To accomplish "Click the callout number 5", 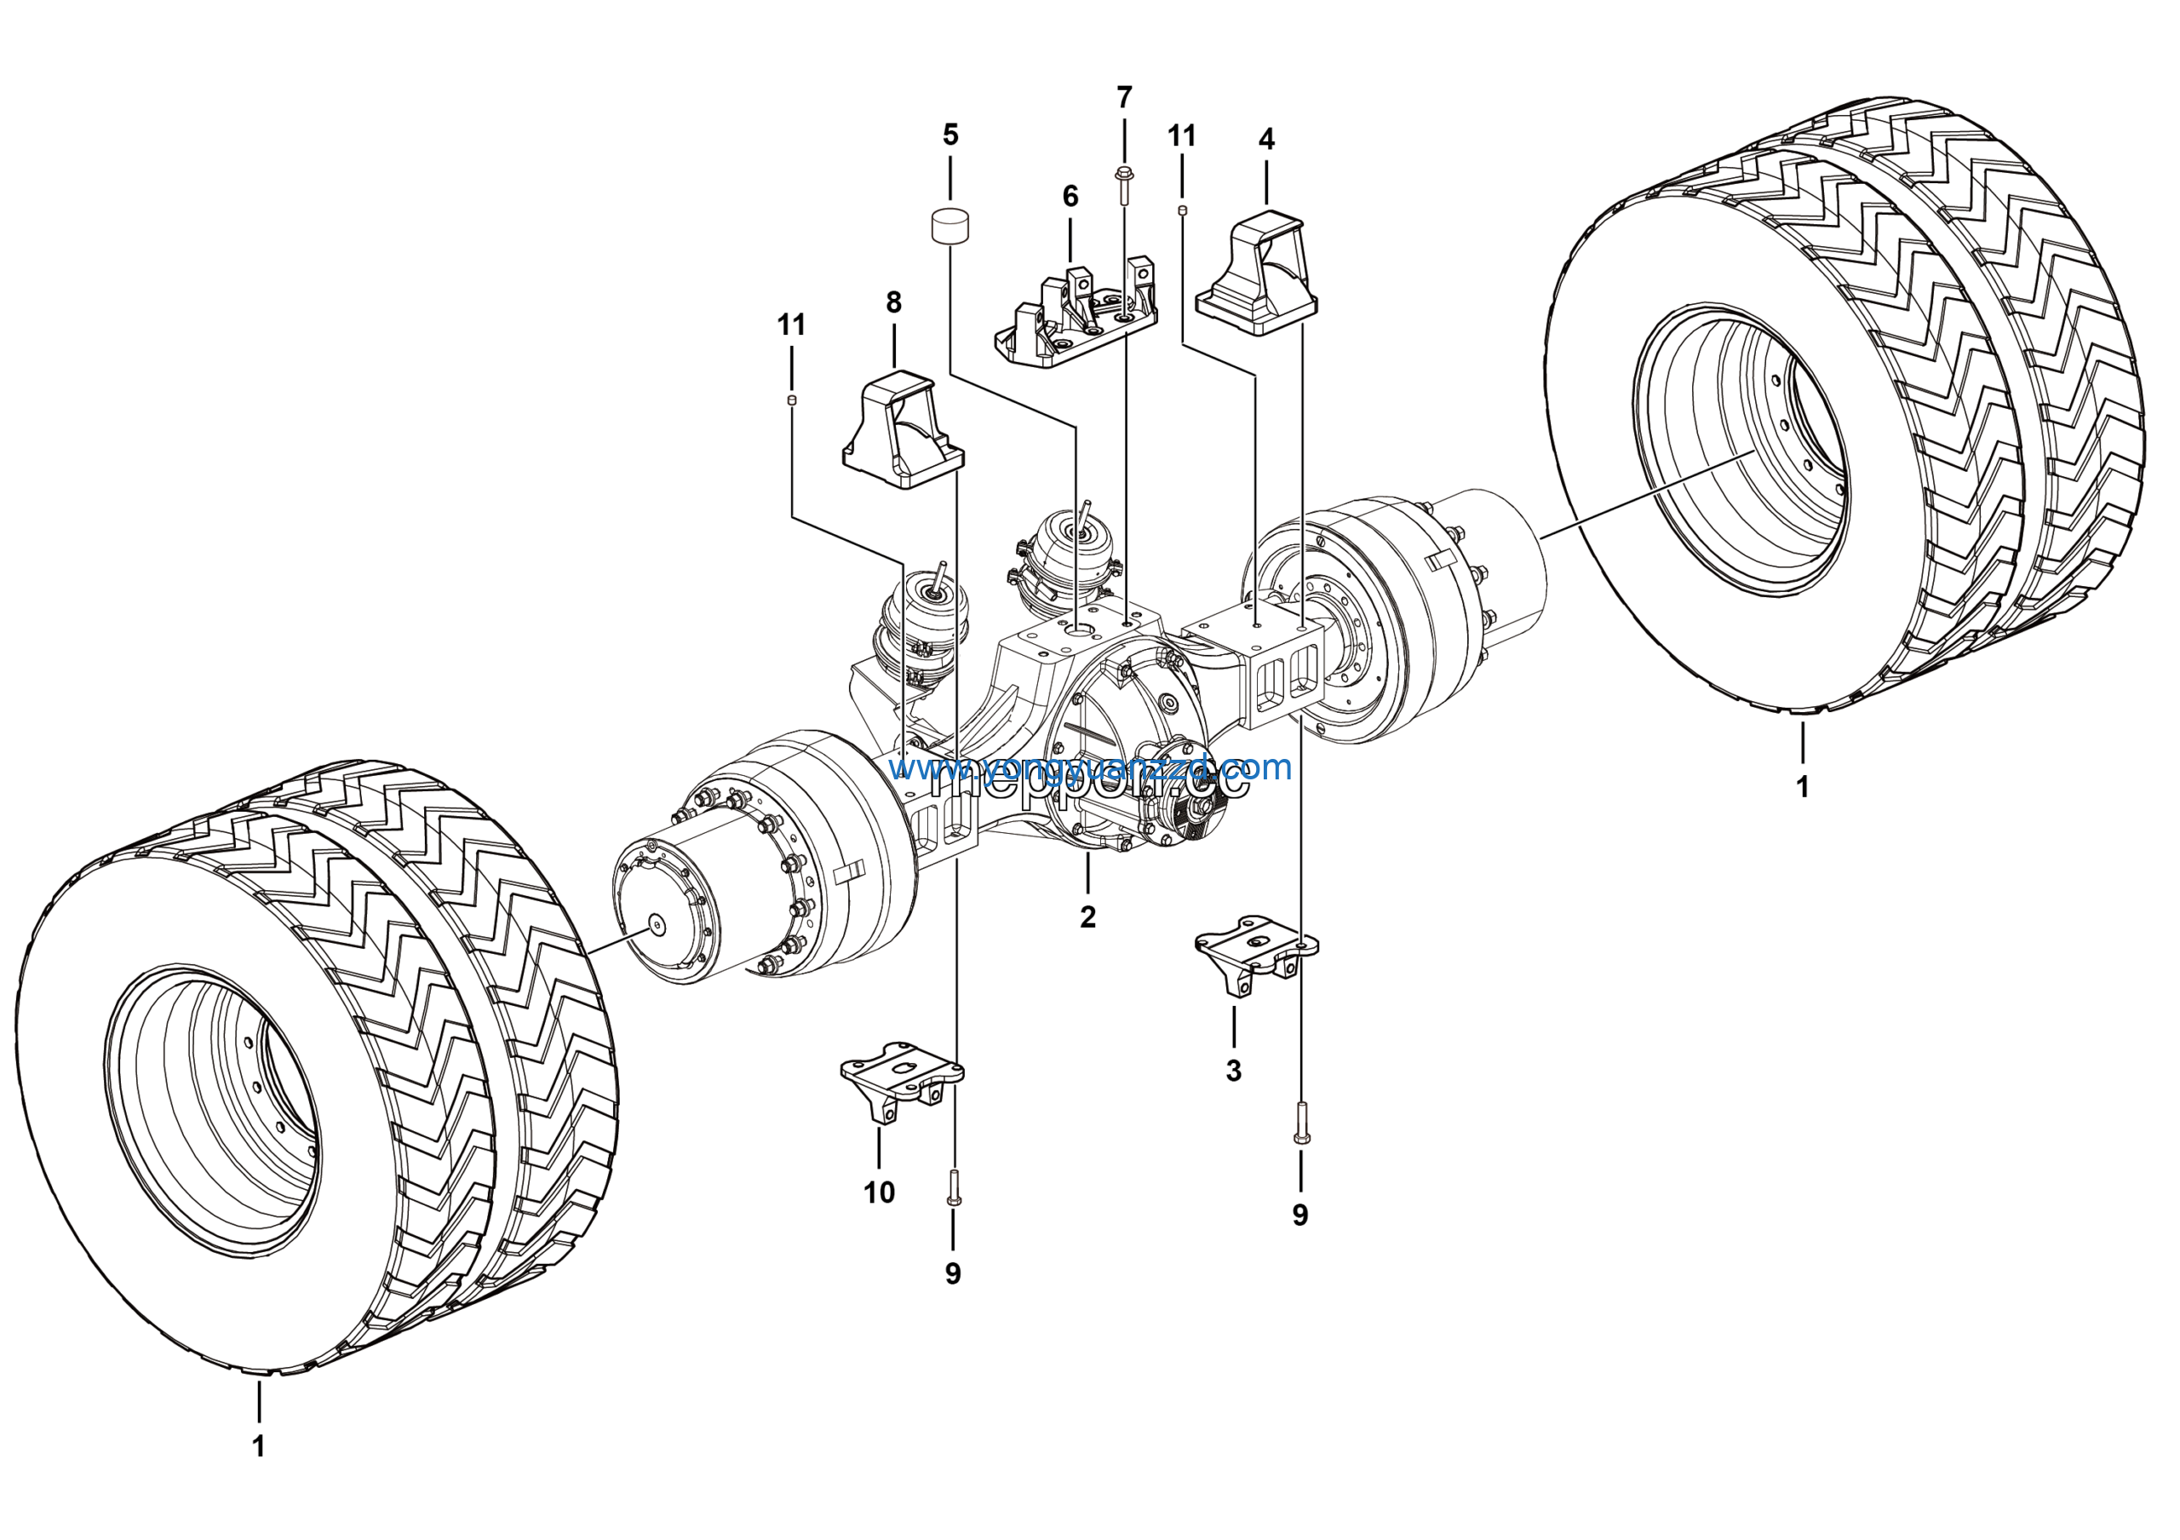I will click(950, 135).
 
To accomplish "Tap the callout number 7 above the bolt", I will click(1124, 98).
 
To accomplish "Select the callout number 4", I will click(1265, 140).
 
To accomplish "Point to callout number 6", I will click(1070, 197).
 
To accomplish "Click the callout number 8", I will click(893, 303).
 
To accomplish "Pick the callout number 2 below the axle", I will click(1088, 917).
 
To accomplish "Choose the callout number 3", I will click(1233, 1071).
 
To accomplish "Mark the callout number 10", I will click(879, 1192).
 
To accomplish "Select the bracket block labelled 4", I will click(1255, 275).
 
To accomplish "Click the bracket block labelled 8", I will click(903, 433).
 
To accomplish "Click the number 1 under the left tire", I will click(258, 1446).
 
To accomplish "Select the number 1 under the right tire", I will click(1802, 786).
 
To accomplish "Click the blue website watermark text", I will click(1092, 767).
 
